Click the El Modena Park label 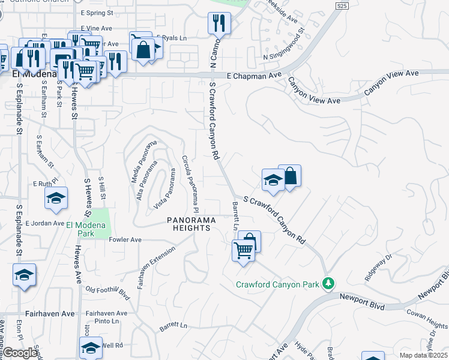pos(85,229)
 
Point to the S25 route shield pos(342,6)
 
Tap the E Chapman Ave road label pos(254,76)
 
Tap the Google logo pos(19,353)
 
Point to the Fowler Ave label pos(125,239)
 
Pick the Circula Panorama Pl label pos(191,185)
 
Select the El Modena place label pos(33,73)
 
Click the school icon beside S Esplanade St pos(25,275)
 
